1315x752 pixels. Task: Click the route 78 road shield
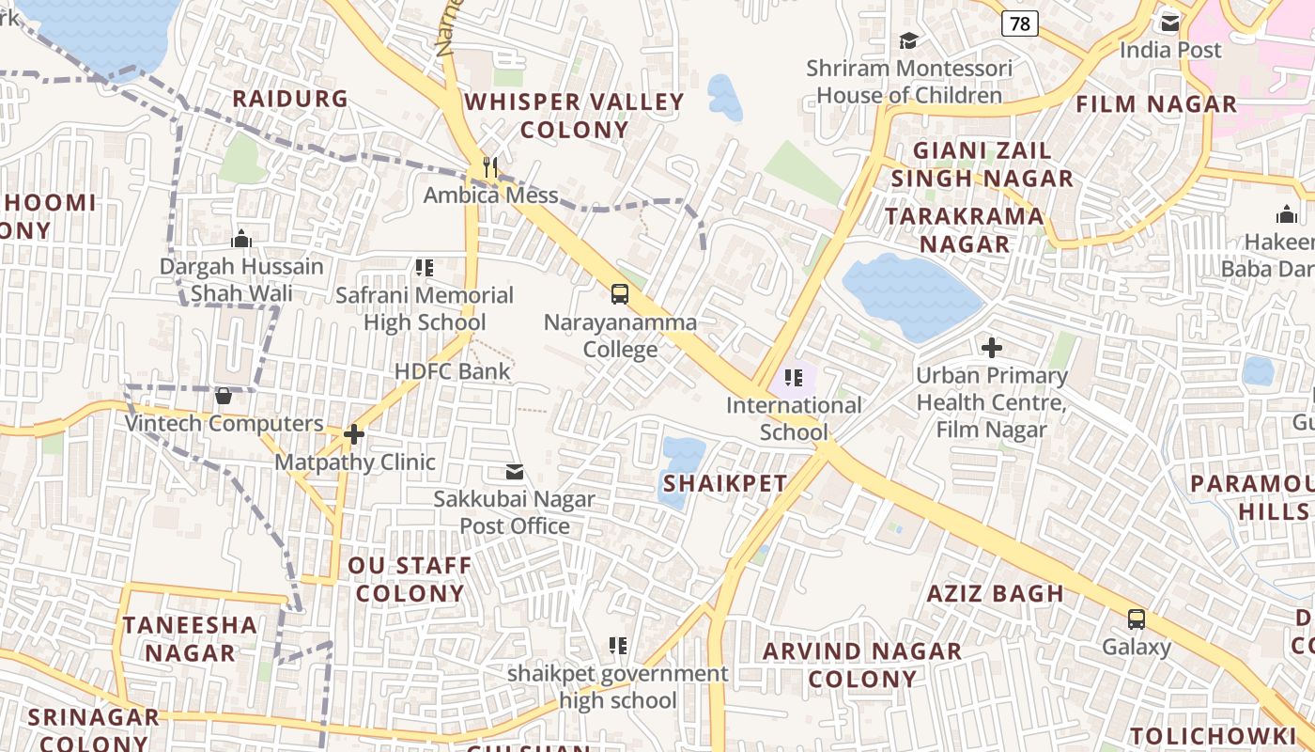point(1019,23)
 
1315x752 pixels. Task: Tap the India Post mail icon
point(1169,22)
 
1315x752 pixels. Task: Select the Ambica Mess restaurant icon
point(489,167)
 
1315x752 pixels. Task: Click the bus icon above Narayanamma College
point(620,293)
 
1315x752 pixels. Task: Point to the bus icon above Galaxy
point(1137,619)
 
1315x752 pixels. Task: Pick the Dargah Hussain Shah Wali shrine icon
point(241,239)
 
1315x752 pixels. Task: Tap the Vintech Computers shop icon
point(224,396)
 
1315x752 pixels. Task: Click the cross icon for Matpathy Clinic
point(354,434)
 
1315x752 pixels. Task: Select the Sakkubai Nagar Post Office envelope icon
point(514,471)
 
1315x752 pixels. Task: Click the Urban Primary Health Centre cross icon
point(992,348)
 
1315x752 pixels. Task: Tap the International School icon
point(794,378)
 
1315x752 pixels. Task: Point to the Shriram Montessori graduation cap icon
point(908,40)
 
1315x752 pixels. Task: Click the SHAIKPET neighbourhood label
point(725,484)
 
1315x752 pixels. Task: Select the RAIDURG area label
point(289,99)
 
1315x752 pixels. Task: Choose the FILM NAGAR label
point(1156,104)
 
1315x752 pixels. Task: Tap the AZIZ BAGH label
point(996,594)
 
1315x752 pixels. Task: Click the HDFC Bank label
point(453,371)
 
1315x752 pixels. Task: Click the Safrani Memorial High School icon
point(425,268)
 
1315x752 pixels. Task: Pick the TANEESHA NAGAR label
point(190,638)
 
